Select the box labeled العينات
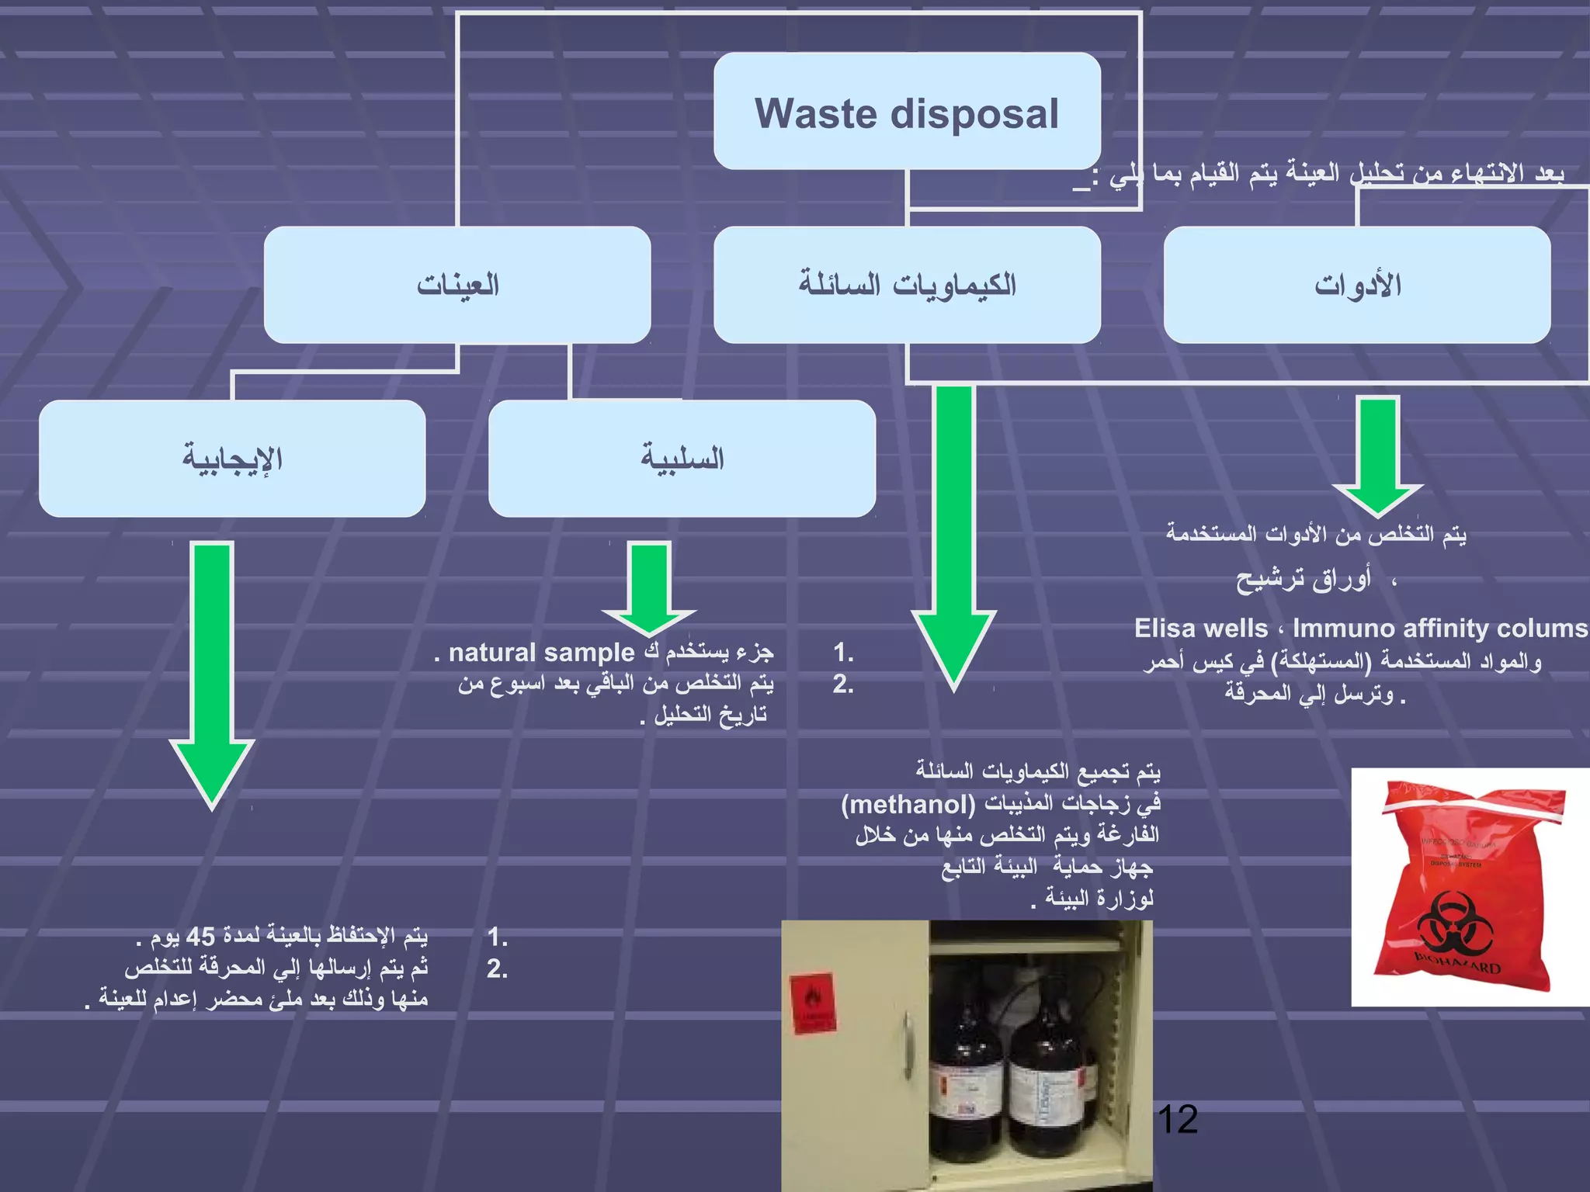pos(457,285)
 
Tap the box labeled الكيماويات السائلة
pos(907,285)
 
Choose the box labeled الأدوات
pos(1357,285)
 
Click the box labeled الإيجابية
pos(232,459)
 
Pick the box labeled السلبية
pos(682,459)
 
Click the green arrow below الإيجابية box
pos(212,667)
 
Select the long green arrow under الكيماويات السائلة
pos(953,528)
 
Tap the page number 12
pos(1177,1120)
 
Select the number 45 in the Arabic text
pos(200,937)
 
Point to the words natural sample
pos(541,653)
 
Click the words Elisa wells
pos(1200,628)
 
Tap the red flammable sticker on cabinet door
pos(813,1004)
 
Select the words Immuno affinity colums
pos(1440,628)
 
